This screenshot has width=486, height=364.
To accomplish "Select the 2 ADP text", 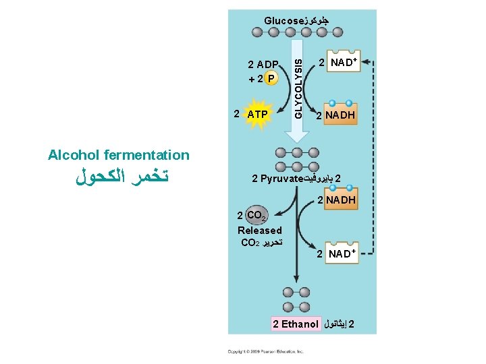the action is pos(264,65).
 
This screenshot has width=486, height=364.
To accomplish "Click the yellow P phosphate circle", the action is pos(271,78).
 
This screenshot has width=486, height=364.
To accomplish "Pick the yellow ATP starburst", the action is pos(257,115).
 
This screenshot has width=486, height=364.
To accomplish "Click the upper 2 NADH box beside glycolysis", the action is pos(336,115).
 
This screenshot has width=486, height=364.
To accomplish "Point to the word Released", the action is pos(260,231).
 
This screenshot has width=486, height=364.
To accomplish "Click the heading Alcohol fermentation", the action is pos(119,155).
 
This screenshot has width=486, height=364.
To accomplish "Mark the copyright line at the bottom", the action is pos(265,352).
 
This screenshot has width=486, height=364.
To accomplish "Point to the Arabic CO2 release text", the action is pos(261,242).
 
